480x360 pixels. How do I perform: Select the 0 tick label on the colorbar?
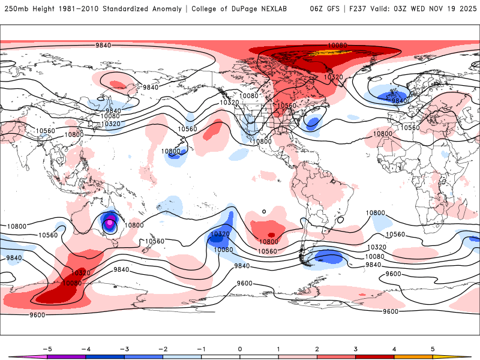[x=240, y=349]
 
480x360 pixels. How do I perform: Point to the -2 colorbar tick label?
[x=163, y=349]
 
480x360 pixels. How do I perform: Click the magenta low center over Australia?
[x=110, y=224]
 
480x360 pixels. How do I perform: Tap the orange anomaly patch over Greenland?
[x=336, y=52]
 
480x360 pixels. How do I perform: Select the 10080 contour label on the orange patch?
[x=337, y=46]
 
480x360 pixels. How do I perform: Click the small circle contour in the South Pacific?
[x=264, y=211]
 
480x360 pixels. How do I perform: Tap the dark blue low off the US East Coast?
[x=312, y=123]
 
